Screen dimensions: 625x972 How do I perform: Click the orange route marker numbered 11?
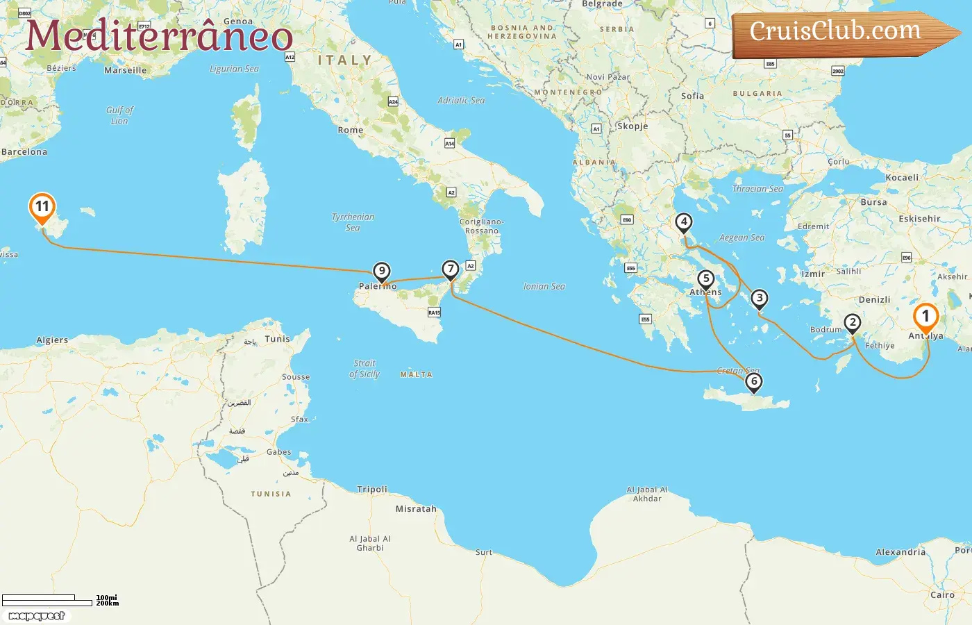(42, 207)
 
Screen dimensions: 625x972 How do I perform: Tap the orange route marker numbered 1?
(925, 317)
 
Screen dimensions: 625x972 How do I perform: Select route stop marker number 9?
(381, 272)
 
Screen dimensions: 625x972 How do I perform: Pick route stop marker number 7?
(451, 269)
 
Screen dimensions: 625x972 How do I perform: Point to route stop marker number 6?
(753, 381)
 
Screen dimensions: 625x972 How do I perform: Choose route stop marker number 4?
(684, 222)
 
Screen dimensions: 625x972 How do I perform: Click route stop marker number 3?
(760, 299)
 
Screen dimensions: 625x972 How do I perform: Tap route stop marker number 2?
(853, 323)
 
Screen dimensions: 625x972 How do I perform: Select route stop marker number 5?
(706, 279)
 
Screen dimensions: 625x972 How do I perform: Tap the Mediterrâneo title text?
(159, 36)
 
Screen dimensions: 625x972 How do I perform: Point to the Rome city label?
(350, 130)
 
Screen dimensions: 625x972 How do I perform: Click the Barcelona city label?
(24, 152)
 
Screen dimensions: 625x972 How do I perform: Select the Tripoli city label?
(372, 490)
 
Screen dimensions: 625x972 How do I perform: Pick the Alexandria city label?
(900, 552)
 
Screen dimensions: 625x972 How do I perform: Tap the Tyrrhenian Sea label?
(353, 222)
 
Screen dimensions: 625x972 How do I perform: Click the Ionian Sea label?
(544, 286)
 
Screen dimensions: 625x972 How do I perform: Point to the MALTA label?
(416, 374)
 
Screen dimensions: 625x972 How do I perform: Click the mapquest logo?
(36, 616)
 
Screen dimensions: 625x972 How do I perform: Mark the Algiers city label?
(52, 340)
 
